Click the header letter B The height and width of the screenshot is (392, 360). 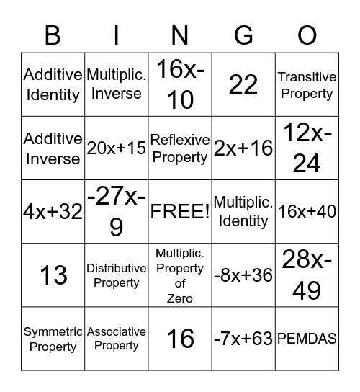point(53,34)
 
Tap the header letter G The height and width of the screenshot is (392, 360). point(243,34)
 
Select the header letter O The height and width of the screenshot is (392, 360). point(307,34)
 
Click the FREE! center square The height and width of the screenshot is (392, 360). point(180,212)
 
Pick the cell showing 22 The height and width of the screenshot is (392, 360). point(243,85)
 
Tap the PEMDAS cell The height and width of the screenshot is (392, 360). point(307,339)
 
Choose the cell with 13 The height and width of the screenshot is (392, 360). point(53,275)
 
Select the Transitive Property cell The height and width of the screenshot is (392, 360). point(307,85)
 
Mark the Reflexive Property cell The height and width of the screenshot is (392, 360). point(180,148)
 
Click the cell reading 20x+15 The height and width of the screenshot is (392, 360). point(117,148)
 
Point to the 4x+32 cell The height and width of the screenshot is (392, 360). point(53,212)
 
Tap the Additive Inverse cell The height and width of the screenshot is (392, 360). point(53,148)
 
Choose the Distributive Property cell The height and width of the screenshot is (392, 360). point(117,275)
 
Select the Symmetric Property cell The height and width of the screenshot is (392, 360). point(53,339)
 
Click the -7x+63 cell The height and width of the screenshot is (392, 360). point(243,339)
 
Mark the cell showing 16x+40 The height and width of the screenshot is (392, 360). point(307,212)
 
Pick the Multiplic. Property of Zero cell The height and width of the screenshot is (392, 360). point(180,275)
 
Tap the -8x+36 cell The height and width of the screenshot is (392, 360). point(243,275)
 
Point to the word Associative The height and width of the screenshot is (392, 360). point(117,331)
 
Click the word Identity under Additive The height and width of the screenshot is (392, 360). point(53,94)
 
